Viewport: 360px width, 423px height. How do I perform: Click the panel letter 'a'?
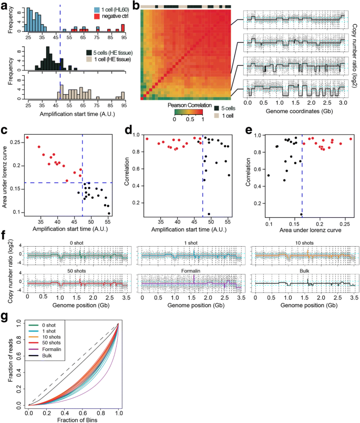click(x=4, y=5)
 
